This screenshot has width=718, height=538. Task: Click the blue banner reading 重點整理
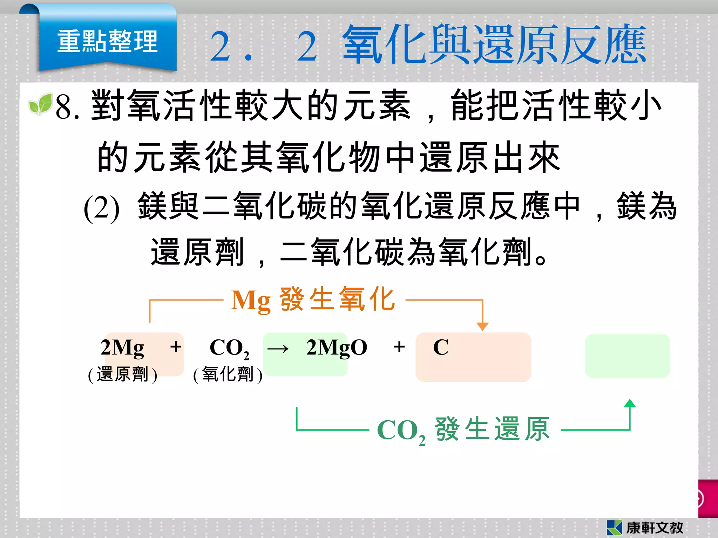tap(107, 41)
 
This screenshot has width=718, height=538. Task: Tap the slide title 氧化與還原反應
tap(494, 44)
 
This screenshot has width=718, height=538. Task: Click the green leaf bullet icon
tap(40, 104)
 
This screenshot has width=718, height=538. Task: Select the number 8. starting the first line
tap(67, 107)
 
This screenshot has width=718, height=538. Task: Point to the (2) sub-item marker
tap(102, 208)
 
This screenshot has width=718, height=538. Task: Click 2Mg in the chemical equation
tap(122, 347)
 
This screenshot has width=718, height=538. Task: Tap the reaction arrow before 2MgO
tap(278, 349)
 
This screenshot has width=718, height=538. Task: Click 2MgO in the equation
tap(337, 347)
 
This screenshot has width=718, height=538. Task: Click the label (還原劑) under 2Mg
tap(122, 374)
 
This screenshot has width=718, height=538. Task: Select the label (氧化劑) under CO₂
tap(228, 374)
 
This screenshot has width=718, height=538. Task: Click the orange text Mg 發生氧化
tap(313, 300)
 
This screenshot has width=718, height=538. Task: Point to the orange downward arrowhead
tap(482, 326)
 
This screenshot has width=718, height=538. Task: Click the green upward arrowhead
tap(630, 403)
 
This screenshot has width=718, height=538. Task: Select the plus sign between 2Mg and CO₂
tap(176, 347)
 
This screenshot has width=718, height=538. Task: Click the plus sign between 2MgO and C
tap(399, 347)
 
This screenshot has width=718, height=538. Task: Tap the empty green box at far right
tap(627, 356)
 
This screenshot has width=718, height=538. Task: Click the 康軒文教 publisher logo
tap(645, 527)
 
